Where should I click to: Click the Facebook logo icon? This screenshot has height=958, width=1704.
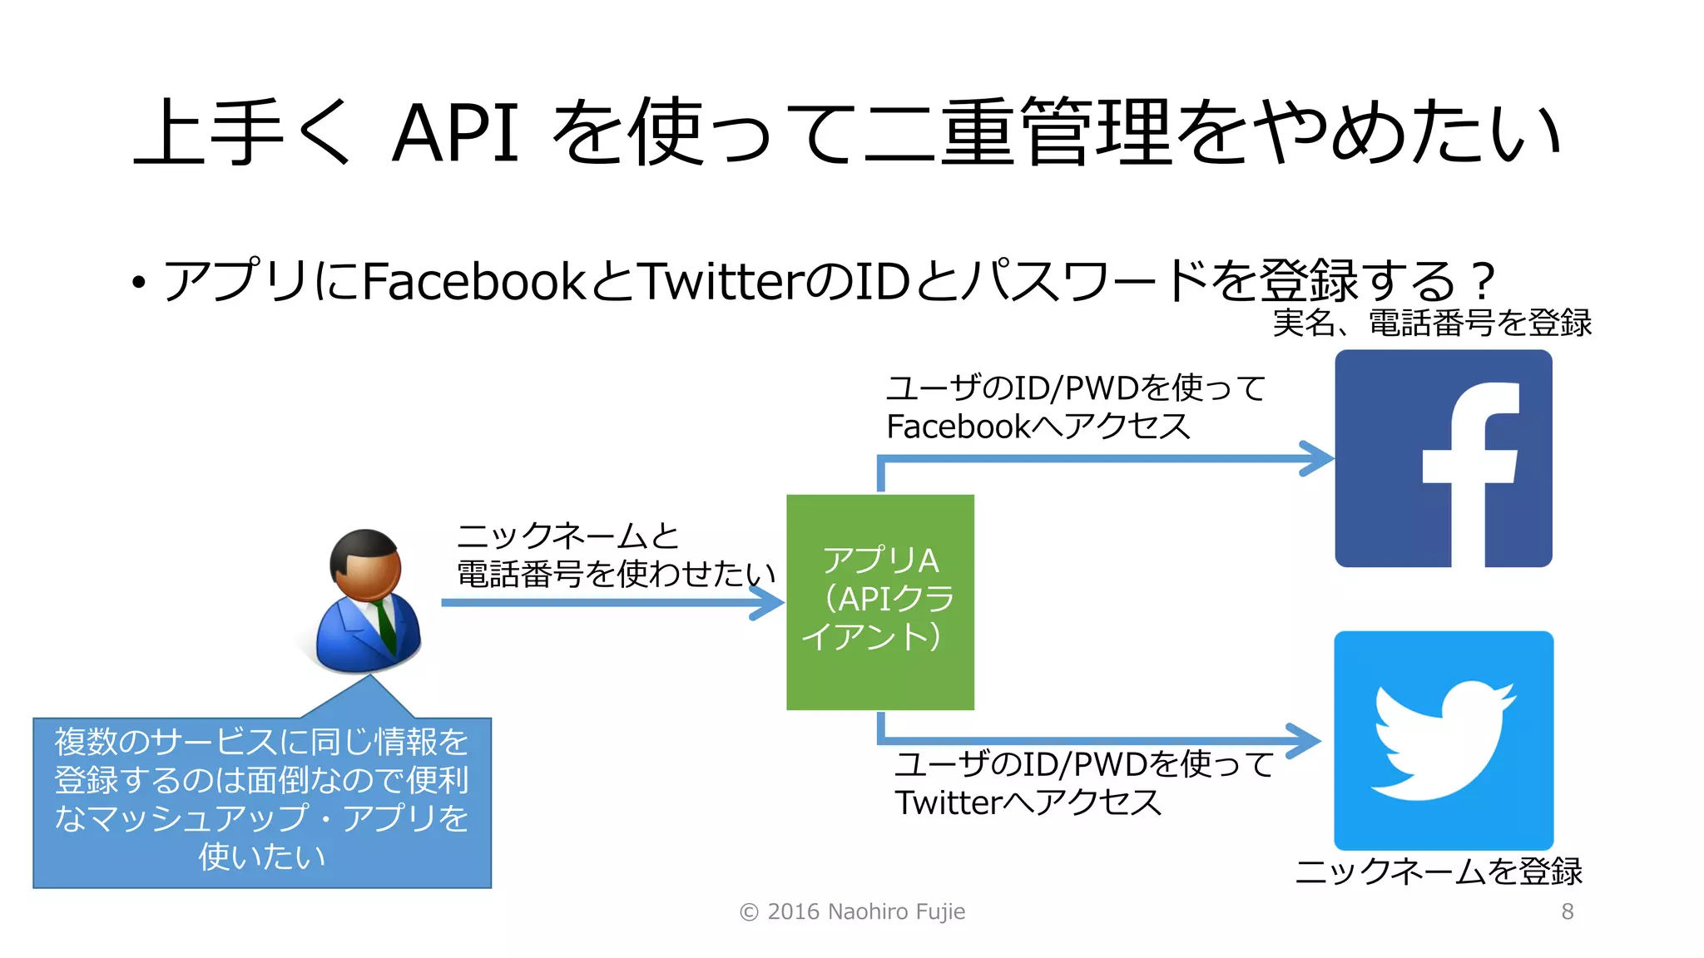(x=1443, y=458)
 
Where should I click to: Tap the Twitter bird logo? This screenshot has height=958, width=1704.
(x=1443, y=739)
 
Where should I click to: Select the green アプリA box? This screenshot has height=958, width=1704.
(x=879, y=601)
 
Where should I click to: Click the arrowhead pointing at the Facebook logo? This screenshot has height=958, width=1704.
(x=1319, y=458)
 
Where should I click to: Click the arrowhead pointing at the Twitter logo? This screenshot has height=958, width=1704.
(x=1305, y=740)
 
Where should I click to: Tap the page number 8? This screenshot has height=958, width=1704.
(x=1567, y=911)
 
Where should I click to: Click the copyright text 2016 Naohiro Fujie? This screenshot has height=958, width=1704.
(x=853, y=911)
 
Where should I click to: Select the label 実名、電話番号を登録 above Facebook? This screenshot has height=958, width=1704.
(x=1431, y=323)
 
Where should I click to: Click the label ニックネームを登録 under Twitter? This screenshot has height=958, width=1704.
(x=1438, y=871)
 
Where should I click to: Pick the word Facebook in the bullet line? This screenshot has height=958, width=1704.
(x=474, y=281)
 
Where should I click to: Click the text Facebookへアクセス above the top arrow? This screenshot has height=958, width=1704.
(x=1038, y=427)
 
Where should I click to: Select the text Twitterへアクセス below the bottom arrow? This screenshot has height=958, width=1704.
(x=1028, y=802)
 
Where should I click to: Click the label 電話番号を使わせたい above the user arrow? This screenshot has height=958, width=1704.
(x=616, y=573)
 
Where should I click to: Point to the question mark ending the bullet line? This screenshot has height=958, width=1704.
(x=1482, y=281)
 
